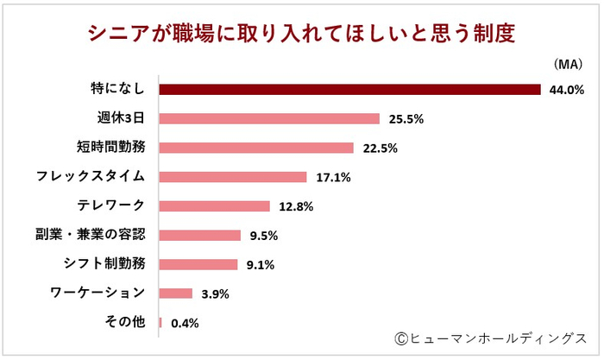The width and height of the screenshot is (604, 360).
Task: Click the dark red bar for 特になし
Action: tap(349, 89)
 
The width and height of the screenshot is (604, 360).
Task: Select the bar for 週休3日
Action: tap(269, 118)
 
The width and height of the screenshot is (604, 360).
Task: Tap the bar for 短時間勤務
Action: tap(256, 148)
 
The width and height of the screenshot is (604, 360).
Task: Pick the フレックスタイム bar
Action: tap(233, 177)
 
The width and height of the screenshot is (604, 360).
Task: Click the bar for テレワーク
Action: tap(215, 206)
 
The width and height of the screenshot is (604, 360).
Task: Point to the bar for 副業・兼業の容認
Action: tap(200, 235)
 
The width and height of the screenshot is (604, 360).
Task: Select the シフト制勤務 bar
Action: tap(198, 264)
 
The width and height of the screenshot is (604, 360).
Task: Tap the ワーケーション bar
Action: tap(176, 294)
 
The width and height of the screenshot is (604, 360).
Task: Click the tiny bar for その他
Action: tap(160, 323)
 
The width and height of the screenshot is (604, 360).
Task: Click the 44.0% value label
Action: tap(567, 89)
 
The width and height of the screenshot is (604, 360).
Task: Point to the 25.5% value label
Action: tap(405, 118)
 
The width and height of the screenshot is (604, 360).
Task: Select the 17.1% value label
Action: tap(331, 177)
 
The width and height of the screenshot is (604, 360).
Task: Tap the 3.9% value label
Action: tap(215, 294)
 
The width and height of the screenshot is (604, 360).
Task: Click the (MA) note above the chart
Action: tap(566, 65)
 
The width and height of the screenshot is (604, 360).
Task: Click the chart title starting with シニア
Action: tap(302, 33)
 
